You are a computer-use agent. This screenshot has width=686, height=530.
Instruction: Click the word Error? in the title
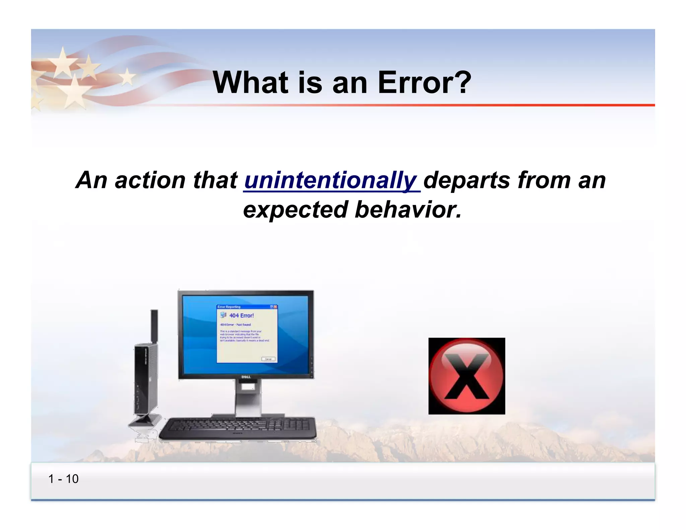(x=424, y=82)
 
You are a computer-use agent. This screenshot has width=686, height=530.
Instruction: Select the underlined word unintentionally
(x=331, y=180)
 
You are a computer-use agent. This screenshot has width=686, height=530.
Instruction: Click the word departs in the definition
(x=468, y=180)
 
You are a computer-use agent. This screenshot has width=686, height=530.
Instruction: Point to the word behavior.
(x=408, y=210)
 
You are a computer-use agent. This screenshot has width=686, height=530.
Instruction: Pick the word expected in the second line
(x=295, y=210)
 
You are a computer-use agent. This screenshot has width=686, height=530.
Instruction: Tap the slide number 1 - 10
(x=63, y=479)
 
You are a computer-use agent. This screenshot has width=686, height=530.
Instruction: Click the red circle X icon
(x=466, y=376)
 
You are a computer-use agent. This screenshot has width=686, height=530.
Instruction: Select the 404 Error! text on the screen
(x=242, y=316)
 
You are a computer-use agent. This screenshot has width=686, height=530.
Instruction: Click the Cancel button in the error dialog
(x=268, y=359)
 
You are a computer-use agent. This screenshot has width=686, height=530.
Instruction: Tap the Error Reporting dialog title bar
(x=241, y=307)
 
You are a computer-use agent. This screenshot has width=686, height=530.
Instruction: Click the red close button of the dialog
(x=275, y=307)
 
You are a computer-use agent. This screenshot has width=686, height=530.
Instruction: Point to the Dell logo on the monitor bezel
(x=246, y=377)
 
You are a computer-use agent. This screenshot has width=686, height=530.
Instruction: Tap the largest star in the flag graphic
(x=72, y=92)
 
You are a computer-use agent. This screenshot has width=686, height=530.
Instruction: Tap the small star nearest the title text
(x=127, y=77)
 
